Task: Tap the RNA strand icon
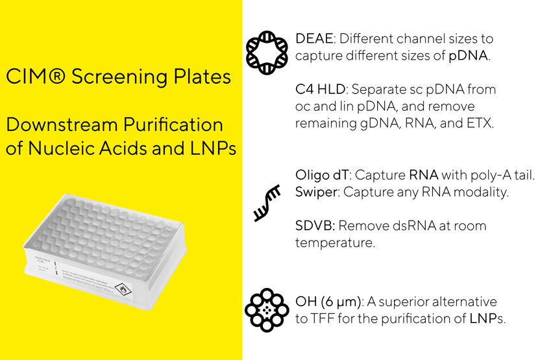click(267, 203)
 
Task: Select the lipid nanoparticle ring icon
click(267, 310)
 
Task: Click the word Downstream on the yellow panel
click(58, 125)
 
